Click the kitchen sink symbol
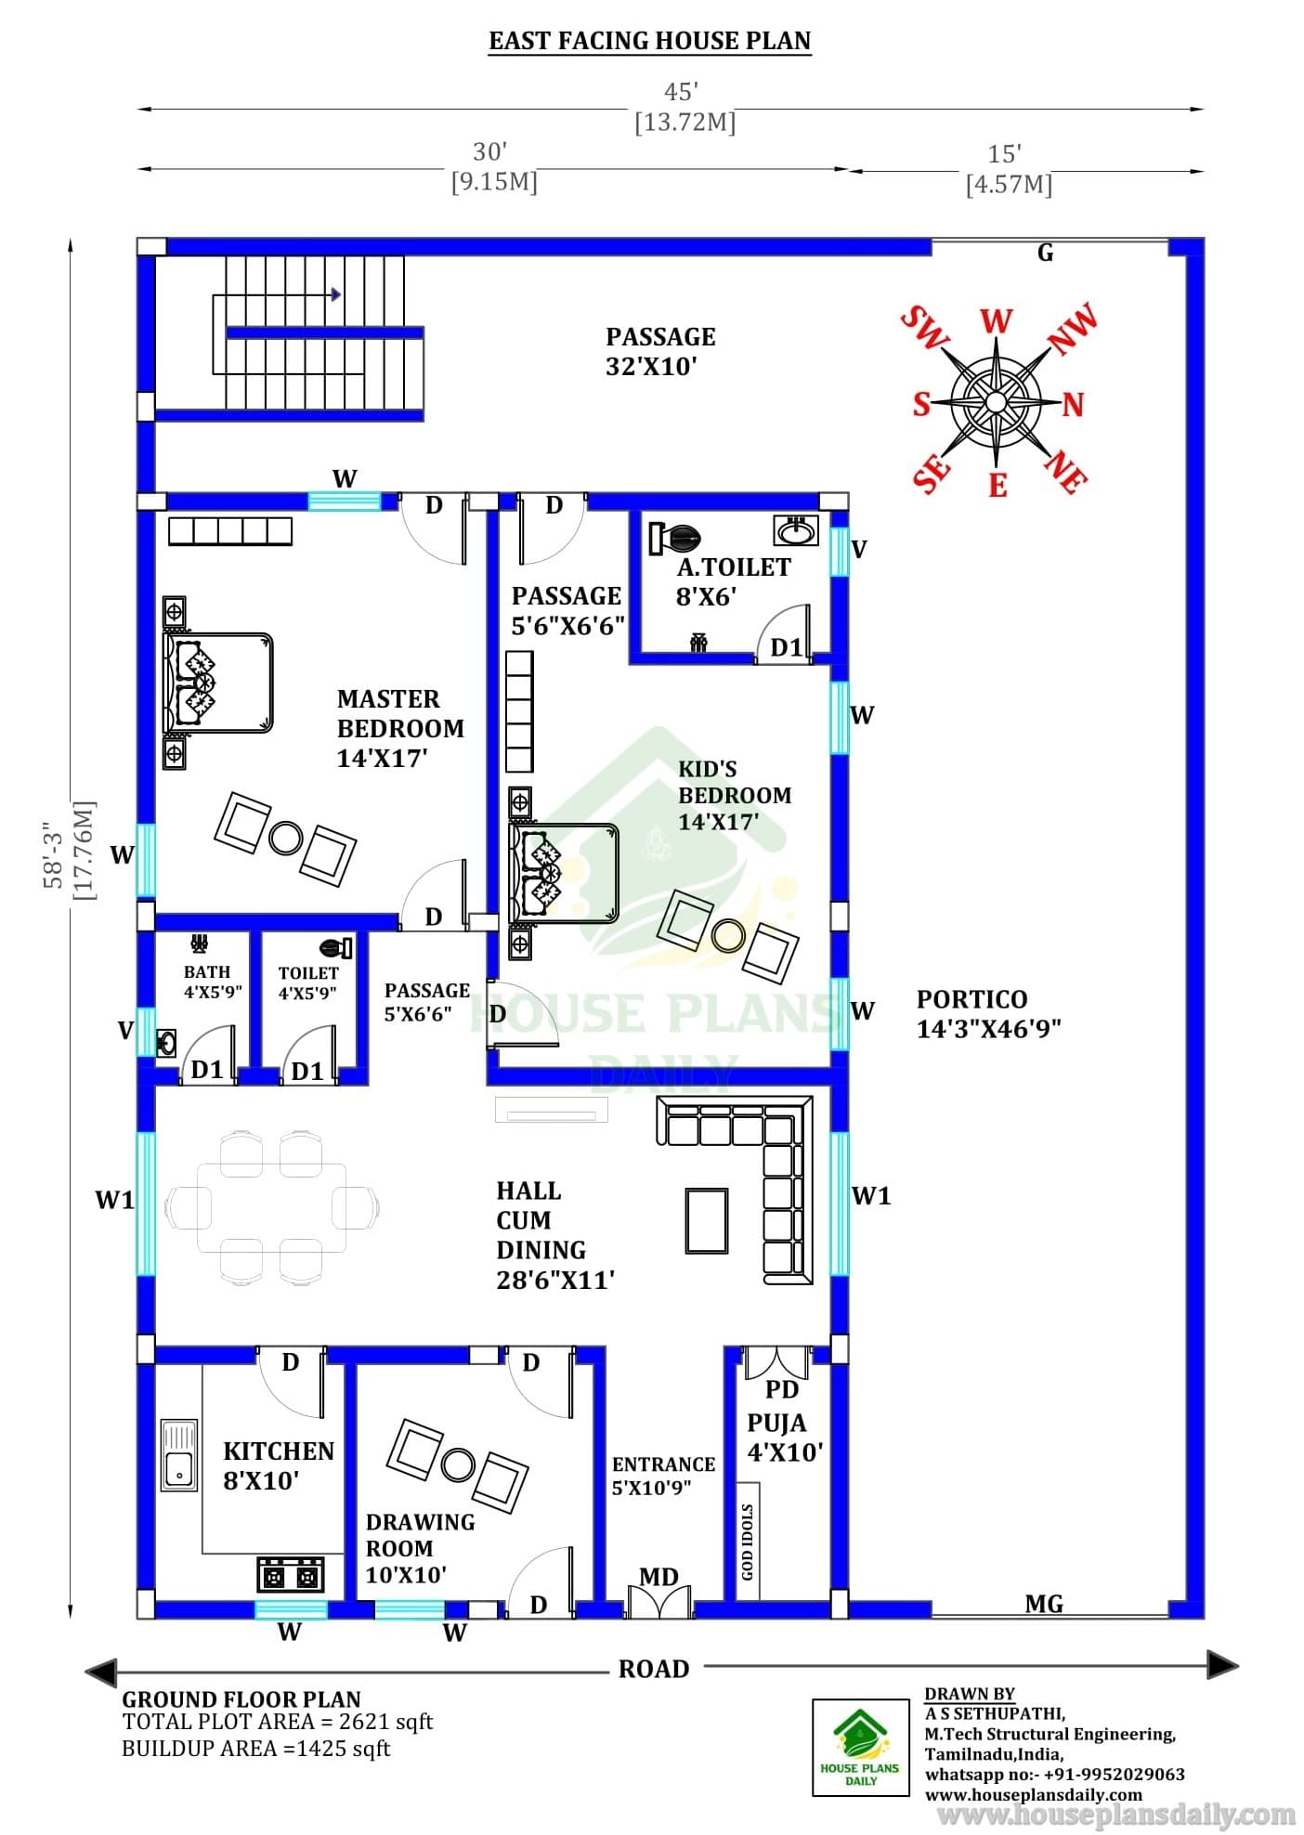click(x=179, y=1454)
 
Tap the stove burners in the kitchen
click(x=291, y=1574)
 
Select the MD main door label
click(x=659, y=1577)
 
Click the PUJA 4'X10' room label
click(x=785, y=1437)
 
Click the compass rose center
click(x=996, y=402)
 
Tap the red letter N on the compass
click(x=1074, y=405)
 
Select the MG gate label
click(x=1044, y=1604)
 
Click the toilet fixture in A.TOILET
click(x=675, y=538)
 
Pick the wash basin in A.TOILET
click(x=795, y=530)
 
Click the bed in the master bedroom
click(x=217, y=683)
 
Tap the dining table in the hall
click(x=271, y=1207)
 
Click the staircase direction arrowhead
click(x=336, y=295)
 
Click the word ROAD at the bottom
click(x=654, y=1669)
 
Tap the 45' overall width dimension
click(x=681, y=92)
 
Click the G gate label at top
click(x=1045, y=253)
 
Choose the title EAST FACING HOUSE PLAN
click(x=650, y=41)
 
